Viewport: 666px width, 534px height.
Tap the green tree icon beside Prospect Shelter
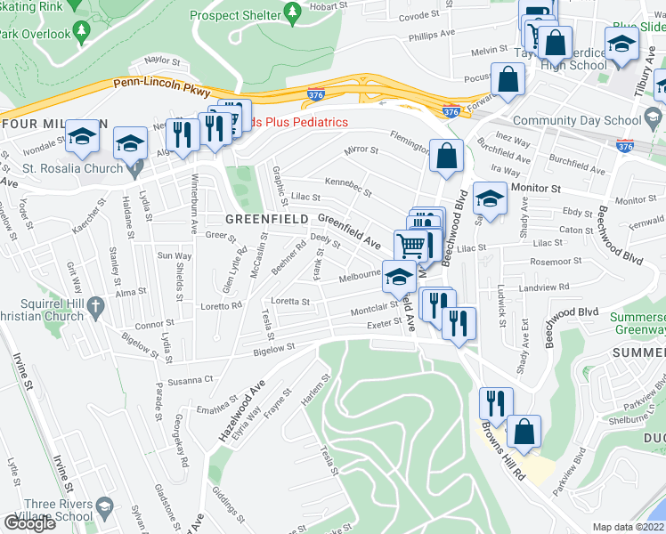click(291, 13)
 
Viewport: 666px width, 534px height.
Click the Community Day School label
click(577, 120)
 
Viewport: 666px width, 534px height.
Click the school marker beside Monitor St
click(490, 197)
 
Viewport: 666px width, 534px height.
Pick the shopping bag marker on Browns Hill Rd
click(524, 432)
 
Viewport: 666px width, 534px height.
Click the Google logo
click(28, 524)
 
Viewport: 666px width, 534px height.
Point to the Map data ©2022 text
click(628, 527)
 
